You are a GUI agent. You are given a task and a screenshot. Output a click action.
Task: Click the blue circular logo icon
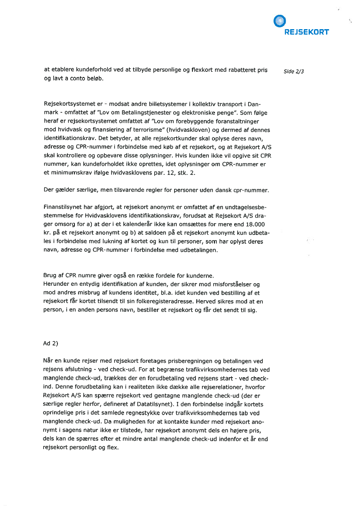click(279, 20)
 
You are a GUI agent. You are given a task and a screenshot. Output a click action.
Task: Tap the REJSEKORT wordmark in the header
click(306, 32)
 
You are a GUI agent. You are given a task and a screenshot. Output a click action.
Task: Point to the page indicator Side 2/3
click(293, 72)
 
